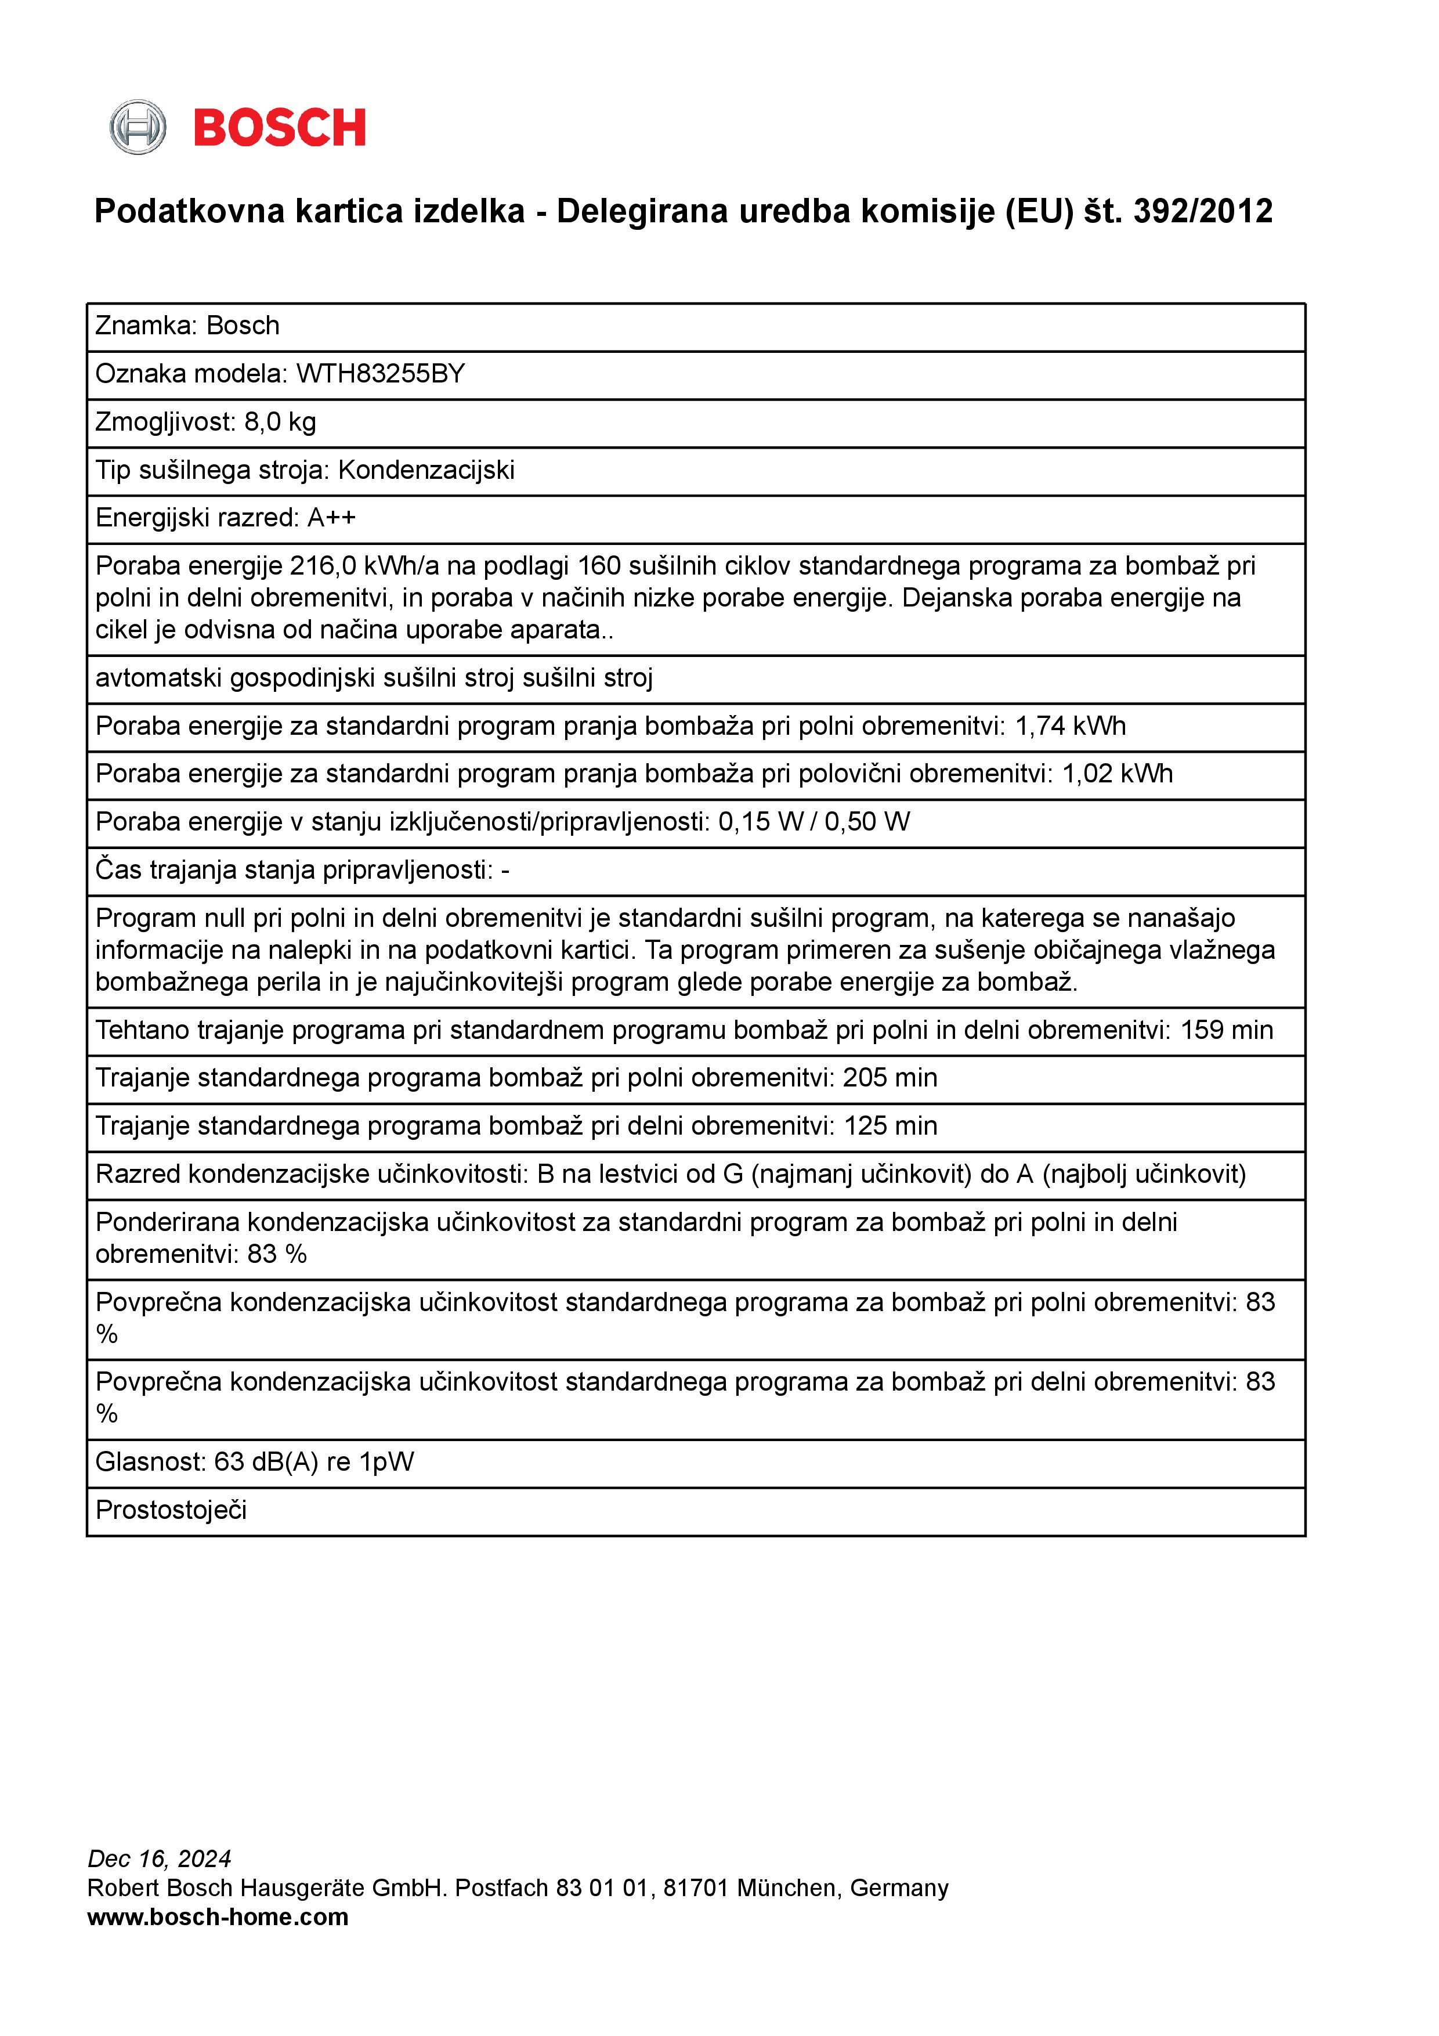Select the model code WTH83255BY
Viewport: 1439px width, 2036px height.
(x=381, y=374)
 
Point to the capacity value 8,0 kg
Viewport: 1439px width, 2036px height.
(x=280, y=422)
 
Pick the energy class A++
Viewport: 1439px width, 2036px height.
(x=331, y=518)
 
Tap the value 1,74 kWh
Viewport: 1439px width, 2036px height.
(x=1070, y=726)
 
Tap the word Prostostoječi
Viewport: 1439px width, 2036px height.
(x=171, y=1510)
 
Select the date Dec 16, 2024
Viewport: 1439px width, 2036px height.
(x=160, y=1858)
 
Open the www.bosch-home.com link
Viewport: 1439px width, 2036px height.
(x=218, y=1917)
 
